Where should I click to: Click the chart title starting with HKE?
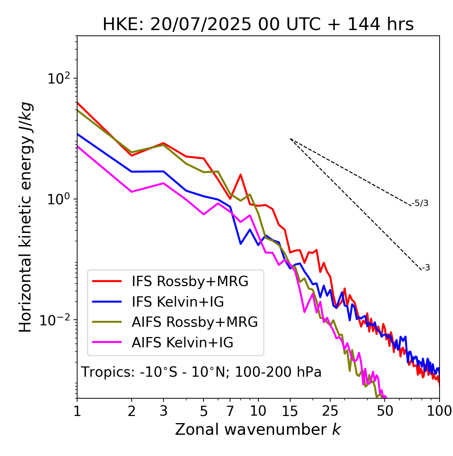(x=258, y=25)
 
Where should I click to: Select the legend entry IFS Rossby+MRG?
(x=190, y=281)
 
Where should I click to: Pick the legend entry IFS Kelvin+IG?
(x=178, y=302)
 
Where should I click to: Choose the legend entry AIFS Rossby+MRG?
(x=194, y=322)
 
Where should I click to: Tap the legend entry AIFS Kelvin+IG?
(x=182, y=343)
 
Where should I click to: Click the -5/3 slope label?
(x=420, y=204)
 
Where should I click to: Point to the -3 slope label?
(x=426, y=268)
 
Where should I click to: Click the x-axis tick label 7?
(x=230, y=411)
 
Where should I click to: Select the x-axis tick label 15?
(x=290, y=411)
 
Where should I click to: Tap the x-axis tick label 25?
(x=330, y=411)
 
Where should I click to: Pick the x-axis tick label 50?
(x=385, y=411)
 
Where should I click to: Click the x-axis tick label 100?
(x=439, y=411)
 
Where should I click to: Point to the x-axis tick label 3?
(x=164, y=411)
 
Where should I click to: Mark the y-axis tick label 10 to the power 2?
(x=58, y=79)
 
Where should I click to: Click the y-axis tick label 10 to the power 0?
(x=58, y=199)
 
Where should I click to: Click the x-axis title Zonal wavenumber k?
(x=258, y=430)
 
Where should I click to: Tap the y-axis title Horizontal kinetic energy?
(x=26, y=217)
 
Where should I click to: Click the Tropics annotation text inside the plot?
(x=201, y=372)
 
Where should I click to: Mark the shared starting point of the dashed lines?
(x=290, y=139)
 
